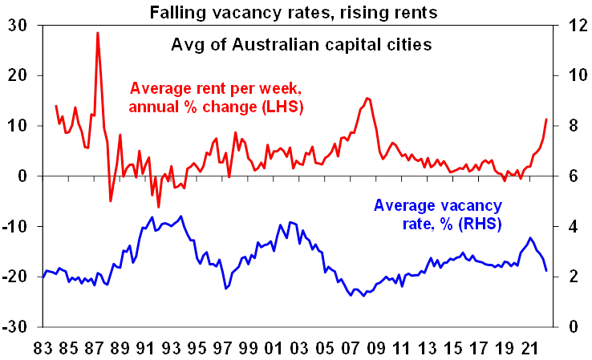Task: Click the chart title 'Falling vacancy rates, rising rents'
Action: (x=295, y=12)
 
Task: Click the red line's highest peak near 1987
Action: (x=97, y=33)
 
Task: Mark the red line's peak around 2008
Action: (x=367, y=98)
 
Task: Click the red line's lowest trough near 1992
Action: (x=158, y=207)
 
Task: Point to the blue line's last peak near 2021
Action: (x=530, y=237)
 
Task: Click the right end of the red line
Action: (x=546, y=119)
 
